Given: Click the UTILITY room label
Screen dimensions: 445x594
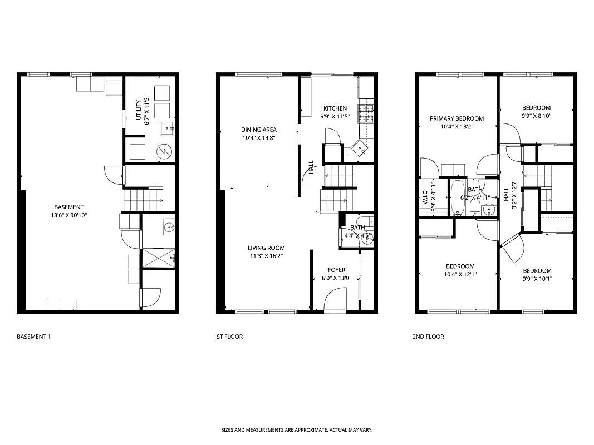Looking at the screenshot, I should pyautogui.click(x=138, y=109).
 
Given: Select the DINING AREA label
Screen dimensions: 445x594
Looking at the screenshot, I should pyautogui.click(x=258, y=130).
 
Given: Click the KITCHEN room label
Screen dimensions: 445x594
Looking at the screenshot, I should pyautogui.click(x=335, y=108).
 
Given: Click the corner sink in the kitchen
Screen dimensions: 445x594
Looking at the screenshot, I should pyautogui.click(x=361, y=147).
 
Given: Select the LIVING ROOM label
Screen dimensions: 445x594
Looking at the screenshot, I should pyautogui.click(x=266, y=248).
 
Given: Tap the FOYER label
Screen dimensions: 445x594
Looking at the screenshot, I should pyautogui.click(x=336, y=270).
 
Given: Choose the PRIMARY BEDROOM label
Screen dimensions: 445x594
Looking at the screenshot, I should pyautogui.click(x=456, y=118).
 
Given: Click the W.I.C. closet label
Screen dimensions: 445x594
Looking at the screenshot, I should pyautogui.click(x=425, y=199).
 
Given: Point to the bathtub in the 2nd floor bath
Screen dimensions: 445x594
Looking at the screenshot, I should pyautogui.click(x=458, y=198).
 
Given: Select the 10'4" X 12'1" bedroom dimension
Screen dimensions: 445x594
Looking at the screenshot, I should pyautogui.click(x=459, y=274).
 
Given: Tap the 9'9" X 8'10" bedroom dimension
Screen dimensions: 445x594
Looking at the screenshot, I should pyautogui.click(x=536, y=116).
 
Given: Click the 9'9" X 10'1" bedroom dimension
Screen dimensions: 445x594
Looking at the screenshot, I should pyautogui.click(x=537, y=279).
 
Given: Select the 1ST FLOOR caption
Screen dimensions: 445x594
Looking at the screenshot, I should pyautogui.click(x=228, y=337).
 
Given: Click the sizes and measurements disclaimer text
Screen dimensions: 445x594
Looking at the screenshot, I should pyautogui.click(x=297, y=430).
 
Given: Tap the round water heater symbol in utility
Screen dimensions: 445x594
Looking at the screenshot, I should pyautogui.click(x=164, y=151).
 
